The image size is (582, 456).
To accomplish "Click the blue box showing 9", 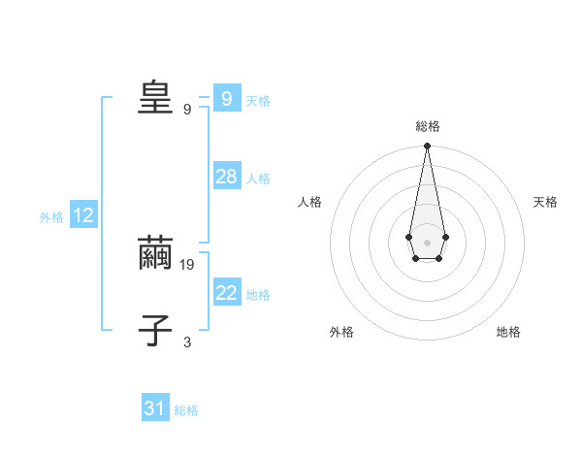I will click(x=226, y=99).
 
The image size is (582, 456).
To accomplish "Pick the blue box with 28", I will click(x=226, y=177).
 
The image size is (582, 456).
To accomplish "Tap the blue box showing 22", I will click(x=226, y=293).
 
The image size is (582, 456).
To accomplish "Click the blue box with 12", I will click(x=83, y=215).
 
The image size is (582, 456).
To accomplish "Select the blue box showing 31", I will click(x=155, y=408).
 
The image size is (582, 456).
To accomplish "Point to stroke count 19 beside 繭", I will click(x=187, y=264).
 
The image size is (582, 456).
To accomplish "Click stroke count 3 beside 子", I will click(x=187, y=342).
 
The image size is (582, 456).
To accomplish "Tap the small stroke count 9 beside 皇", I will click(x=187, y=109).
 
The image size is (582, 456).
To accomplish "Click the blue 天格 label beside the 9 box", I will click(x=258, y=101).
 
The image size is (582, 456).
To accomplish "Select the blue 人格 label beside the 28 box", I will click(x=258, y=179).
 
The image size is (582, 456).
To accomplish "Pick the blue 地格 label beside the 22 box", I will click(x=258, y=295).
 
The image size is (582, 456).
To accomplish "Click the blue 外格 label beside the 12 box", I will click(x=51, y=217).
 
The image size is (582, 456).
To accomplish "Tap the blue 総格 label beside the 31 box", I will click(x=186, y=410).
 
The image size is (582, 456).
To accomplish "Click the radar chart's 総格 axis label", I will click(x=428, y=126).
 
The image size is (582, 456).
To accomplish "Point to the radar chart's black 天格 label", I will click(x=545, y=202).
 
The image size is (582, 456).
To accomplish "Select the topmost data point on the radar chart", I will click(x=427, y=147).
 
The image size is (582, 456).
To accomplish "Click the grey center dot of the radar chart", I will click(x=427, y=243).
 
